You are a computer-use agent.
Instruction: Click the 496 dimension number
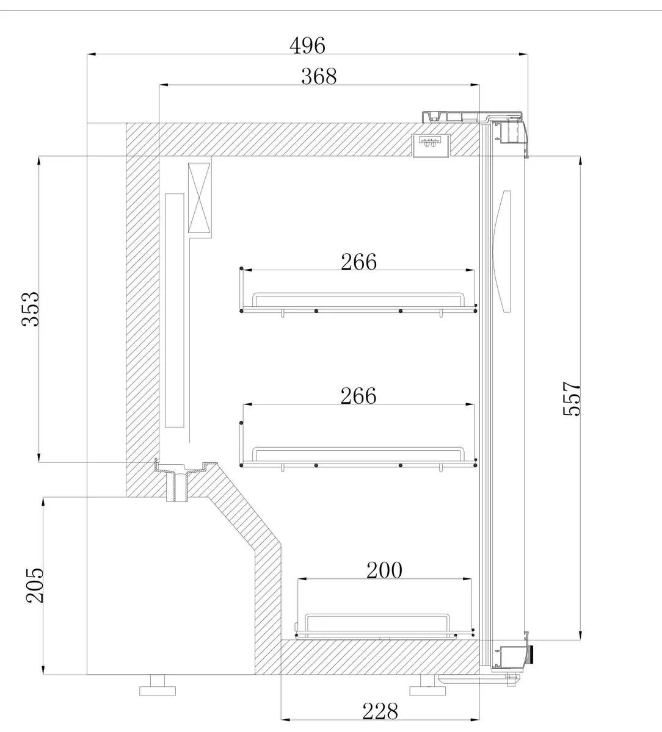tap(307, 46)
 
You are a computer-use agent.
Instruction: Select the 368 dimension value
tap(319, 76)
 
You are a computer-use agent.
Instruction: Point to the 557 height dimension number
tap(572, 399)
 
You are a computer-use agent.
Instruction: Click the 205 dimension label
tap(34, 586)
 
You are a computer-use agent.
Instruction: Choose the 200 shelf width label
tap(384, 570)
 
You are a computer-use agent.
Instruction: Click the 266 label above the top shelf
tap(358, 262)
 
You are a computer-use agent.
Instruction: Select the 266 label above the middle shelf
tap(358, 395)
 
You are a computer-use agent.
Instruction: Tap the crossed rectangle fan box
tap(199, 198)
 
